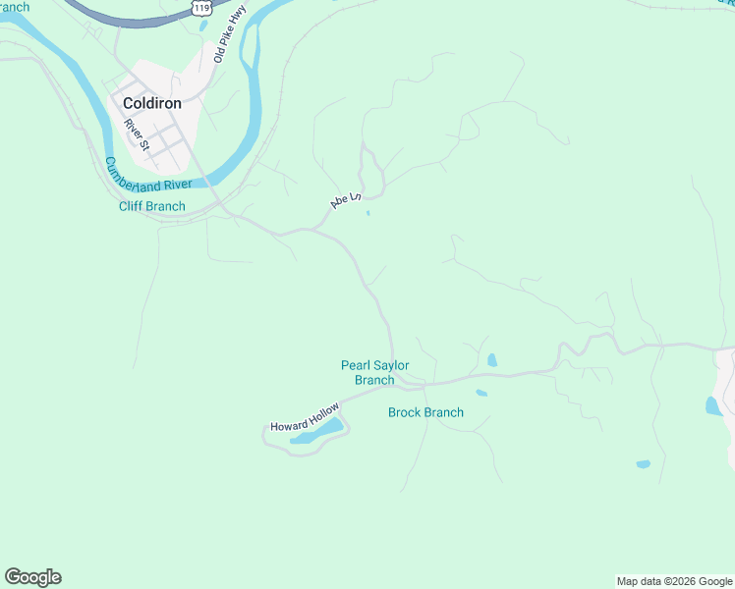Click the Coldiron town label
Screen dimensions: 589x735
151,102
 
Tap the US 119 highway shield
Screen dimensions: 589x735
202,7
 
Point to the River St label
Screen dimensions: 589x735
136,134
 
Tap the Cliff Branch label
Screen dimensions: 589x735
151,206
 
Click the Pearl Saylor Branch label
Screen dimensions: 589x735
374,373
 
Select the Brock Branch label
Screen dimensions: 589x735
425,412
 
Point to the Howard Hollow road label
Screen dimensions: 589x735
306,418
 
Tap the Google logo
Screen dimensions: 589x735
32,577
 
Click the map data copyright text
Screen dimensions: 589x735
674,581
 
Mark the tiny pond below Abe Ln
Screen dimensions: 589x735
368,213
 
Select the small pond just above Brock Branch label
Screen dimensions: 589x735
481,394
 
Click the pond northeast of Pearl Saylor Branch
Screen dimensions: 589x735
492,360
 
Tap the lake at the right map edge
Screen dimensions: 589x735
712,404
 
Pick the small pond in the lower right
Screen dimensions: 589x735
643,463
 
